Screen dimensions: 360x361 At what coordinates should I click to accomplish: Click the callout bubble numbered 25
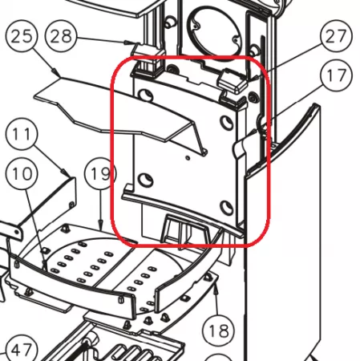(x=22, y=36)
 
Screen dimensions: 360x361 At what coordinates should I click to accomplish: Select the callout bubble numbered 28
(x=61, y=36)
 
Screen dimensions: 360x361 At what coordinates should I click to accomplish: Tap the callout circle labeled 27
(x=337, y=36)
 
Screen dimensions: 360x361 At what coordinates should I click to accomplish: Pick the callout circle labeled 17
(x=337, y=75)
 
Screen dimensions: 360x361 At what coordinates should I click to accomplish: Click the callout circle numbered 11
(x=22, y=134)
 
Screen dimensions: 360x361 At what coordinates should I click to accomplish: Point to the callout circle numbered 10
(x=22, y=173)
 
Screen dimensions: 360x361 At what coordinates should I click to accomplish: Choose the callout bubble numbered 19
(x=100, y=173)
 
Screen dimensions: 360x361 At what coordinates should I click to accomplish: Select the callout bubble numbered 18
(x=219, y=331)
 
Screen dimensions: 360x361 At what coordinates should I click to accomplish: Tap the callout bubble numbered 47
(x=22, y=351)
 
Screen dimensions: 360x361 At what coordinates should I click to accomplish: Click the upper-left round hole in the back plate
(x=146, y=95)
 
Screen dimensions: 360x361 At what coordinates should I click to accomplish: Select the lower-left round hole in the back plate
(x=146, y=180)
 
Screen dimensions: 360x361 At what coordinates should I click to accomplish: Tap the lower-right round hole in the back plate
(x=227, y=208)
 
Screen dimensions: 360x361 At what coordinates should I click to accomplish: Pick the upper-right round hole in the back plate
(x=227, y=123)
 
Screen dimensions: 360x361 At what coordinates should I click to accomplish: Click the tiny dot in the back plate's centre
(x=188, y=158)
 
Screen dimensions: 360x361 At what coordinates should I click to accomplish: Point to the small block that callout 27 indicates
(x=233, y=80)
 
